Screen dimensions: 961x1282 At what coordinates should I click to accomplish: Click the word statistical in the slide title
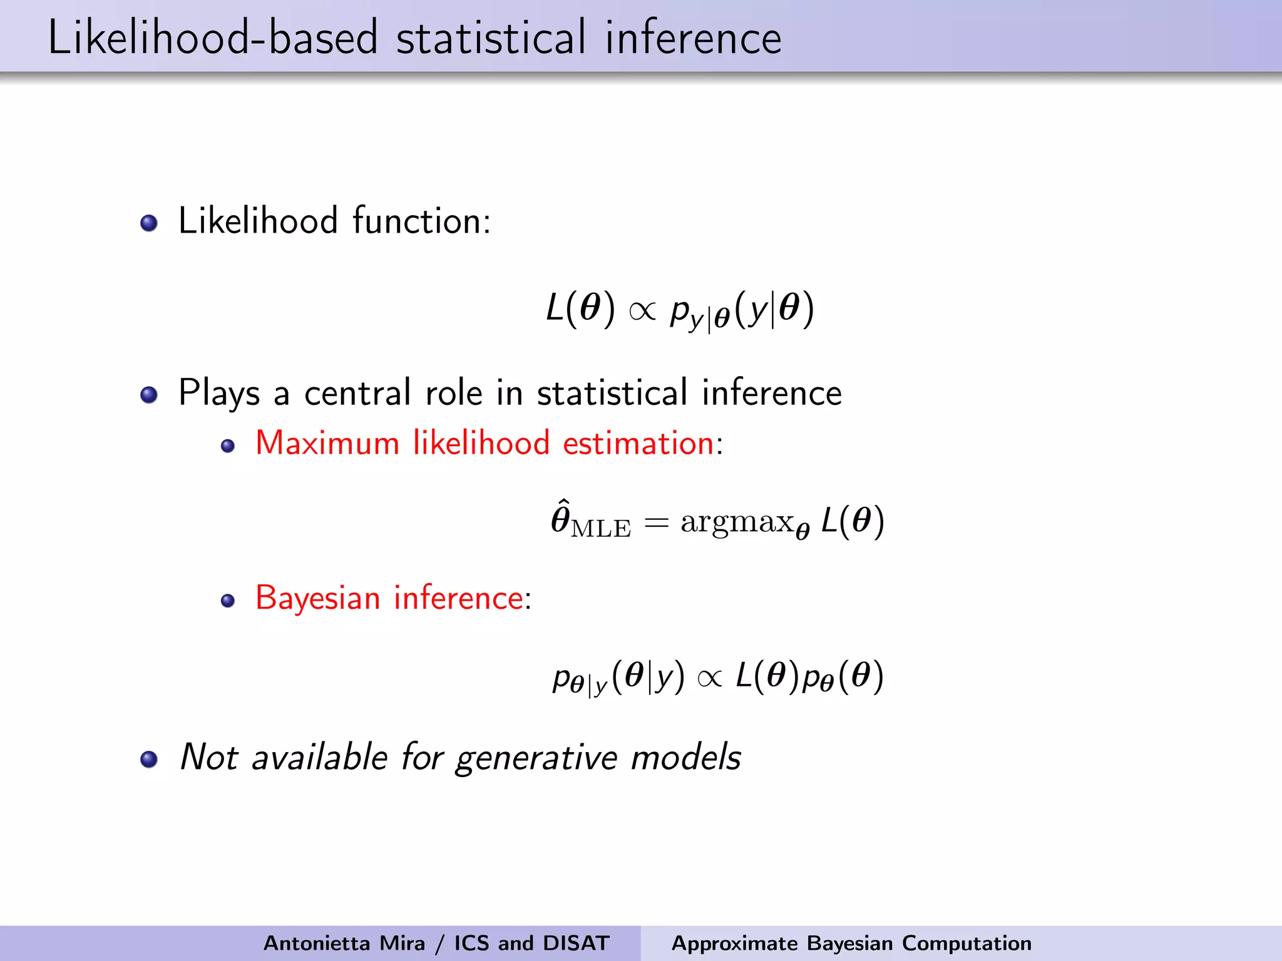(x=491, y=38)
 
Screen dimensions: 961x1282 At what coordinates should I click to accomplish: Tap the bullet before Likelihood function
(x=149, y=223)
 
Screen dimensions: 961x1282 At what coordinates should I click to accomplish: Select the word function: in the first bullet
(x=421, y=221)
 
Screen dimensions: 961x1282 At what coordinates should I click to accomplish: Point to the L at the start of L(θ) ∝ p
(x=555, y=308)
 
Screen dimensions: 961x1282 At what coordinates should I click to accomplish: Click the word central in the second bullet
(x=357, y=394)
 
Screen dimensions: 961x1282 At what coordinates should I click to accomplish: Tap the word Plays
(x=218, y=394)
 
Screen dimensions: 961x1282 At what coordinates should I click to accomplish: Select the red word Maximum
(x=327, y=443)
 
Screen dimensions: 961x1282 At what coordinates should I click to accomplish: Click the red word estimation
(x=638, y=443)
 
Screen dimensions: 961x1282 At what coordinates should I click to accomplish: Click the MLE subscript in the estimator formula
(x=601, y=529)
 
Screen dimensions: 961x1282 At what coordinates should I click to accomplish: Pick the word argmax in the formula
(x=737, y=522)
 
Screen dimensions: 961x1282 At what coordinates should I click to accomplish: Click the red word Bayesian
(x=318, y=597)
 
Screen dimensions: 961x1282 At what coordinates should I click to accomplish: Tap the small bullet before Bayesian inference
(x=228, y=601)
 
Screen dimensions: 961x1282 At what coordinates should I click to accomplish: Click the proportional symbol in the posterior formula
(x=709, y=678)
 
